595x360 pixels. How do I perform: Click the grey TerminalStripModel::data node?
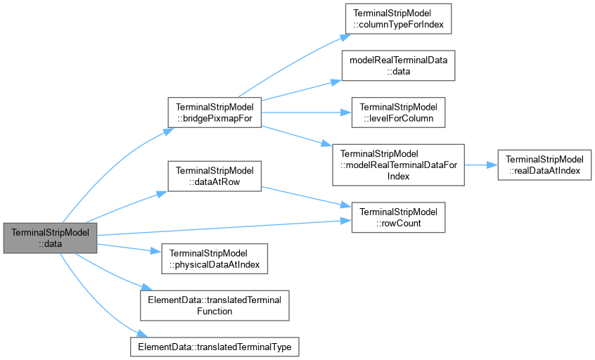coord(50,238)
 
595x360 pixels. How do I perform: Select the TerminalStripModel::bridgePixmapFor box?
coord(215,112)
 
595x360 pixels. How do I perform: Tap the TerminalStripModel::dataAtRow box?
coord(215,176)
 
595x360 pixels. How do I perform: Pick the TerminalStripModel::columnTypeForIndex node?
coord(399,19)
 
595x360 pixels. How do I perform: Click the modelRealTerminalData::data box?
coord(399,65)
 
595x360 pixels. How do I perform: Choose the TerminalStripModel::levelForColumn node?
coord(399,112)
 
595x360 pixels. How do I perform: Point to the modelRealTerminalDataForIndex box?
coord(399,165)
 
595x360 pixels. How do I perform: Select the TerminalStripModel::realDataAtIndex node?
coord(544,165)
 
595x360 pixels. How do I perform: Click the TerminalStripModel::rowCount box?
coord(399,217)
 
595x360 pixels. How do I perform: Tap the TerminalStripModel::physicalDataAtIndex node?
coord(215,259)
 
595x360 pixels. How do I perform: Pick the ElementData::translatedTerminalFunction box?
coord(215,305)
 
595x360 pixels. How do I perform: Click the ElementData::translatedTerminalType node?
coord(215,347)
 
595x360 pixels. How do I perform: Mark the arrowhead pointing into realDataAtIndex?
coord(492,165)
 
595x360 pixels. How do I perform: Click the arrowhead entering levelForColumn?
coord(347,112)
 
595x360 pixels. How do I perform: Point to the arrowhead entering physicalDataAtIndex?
coord(156,251)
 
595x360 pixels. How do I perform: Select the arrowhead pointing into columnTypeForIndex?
coord(346,37)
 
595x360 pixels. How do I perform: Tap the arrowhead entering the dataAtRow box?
coord(162,194)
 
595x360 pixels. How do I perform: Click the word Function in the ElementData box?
coord(215,311)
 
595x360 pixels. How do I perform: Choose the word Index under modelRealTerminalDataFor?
coord(399,176)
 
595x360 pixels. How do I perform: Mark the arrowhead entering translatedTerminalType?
coord(142,333)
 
